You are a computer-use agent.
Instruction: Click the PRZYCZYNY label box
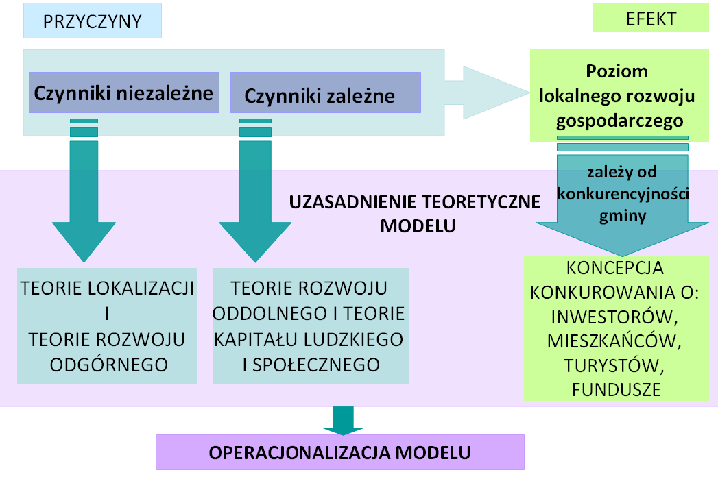coord(93,21)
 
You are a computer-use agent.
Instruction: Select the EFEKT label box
coord(651,18)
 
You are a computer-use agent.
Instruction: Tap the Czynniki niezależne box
coord(124,93)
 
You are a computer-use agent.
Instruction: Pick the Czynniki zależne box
coord(326,93)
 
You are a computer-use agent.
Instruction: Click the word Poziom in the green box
coord(617,71)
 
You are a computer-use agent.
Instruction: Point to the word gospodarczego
coord(619,121)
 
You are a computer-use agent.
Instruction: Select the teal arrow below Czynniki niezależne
coord(84,191)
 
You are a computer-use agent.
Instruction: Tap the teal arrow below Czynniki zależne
coord(255,191)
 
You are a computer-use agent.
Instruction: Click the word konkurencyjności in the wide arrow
coord(623,194)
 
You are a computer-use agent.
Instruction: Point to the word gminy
coord(623,216)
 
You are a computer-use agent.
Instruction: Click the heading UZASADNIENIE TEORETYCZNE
coord(414,201)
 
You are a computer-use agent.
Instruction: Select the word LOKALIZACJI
coord(141,288)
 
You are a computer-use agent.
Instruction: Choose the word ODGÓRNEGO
coord(109,365)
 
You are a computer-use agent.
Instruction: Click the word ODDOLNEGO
coord(269,313)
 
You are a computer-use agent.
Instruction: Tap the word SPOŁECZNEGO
coord(316,365)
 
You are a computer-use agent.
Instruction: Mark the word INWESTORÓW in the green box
coord(614,317)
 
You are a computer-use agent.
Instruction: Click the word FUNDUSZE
coord(617,390)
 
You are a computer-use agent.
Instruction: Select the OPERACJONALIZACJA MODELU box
coord(339,452)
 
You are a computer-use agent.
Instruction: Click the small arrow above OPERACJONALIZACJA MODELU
coord(343,420)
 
